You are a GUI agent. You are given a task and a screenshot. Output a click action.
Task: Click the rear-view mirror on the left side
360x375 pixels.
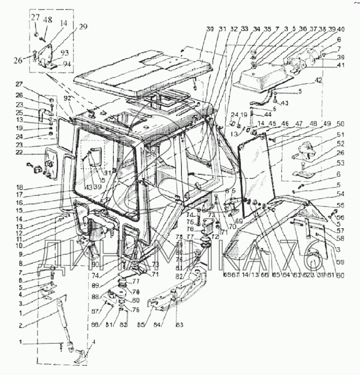[x=51, y=164]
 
